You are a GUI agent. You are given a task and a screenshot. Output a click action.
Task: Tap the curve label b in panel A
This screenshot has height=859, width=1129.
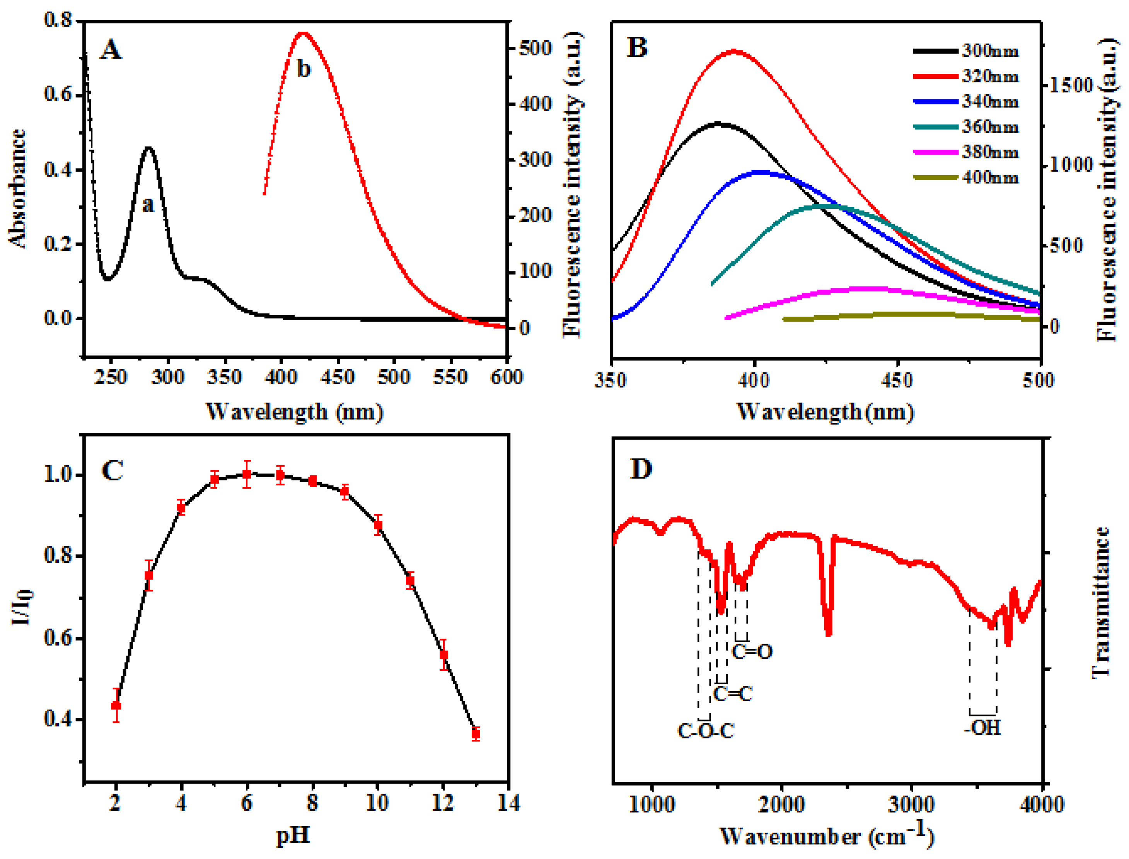pos(304,68)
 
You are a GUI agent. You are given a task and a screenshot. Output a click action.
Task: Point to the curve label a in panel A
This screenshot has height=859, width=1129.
pos(148,205)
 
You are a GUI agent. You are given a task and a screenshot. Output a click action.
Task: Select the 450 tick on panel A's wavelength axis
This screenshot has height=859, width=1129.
pos(338,377)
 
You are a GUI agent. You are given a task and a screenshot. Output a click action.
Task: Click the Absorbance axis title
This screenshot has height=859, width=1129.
pos(17,189)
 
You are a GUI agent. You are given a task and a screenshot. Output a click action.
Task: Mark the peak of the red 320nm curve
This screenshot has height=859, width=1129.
pos(734,51)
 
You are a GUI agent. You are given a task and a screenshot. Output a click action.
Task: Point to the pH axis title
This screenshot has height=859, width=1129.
pos(293,835)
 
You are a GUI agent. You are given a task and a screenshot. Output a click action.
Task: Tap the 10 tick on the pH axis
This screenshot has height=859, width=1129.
pos(377,803)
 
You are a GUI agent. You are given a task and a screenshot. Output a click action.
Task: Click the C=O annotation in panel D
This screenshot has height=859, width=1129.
pos(752,652)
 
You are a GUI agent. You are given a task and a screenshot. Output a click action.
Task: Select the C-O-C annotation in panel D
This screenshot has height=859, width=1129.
pos(706,731)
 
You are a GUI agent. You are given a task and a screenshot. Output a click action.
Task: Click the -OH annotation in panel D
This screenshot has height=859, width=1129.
pos(982,728)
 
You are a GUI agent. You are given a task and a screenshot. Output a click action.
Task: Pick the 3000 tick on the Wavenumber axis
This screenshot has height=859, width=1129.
pos(912,804)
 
